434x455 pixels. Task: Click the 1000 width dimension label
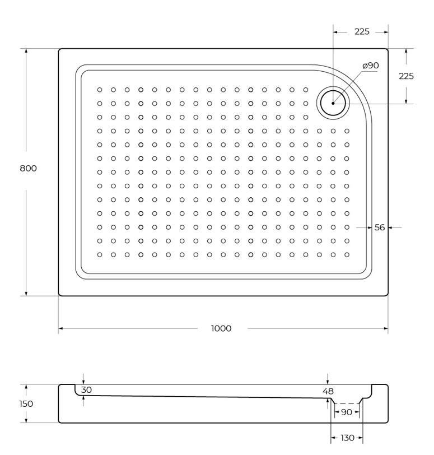point(221,328)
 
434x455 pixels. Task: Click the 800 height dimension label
point(28,168)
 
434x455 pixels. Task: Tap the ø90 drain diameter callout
point(371,66)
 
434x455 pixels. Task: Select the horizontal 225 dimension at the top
point(362,31)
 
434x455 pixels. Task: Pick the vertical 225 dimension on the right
point(406,76)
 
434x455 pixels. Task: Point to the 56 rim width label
point(380,227)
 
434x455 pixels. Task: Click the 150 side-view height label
point(26,403)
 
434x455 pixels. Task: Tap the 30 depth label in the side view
point(86,390)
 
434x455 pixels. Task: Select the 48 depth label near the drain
point(328,392)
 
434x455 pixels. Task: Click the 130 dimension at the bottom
point(347,438)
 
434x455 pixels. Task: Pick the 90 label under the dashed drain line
point(347,412)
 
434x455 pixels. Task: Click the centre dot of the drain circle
point(333,103)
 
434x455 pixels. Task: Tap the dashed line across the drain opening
point(347,403)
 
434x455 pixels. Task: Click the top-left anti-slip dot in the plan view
point(100,90)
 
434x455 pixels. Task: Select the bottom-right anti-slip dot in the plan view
point(347,255)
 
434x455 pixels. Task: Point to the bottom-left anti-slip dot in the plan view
point(100,255)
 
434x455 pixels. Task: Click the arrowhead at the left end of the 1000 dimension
point(60,328)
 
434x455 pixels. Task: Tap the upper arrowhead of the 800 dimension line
point(26,51)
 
